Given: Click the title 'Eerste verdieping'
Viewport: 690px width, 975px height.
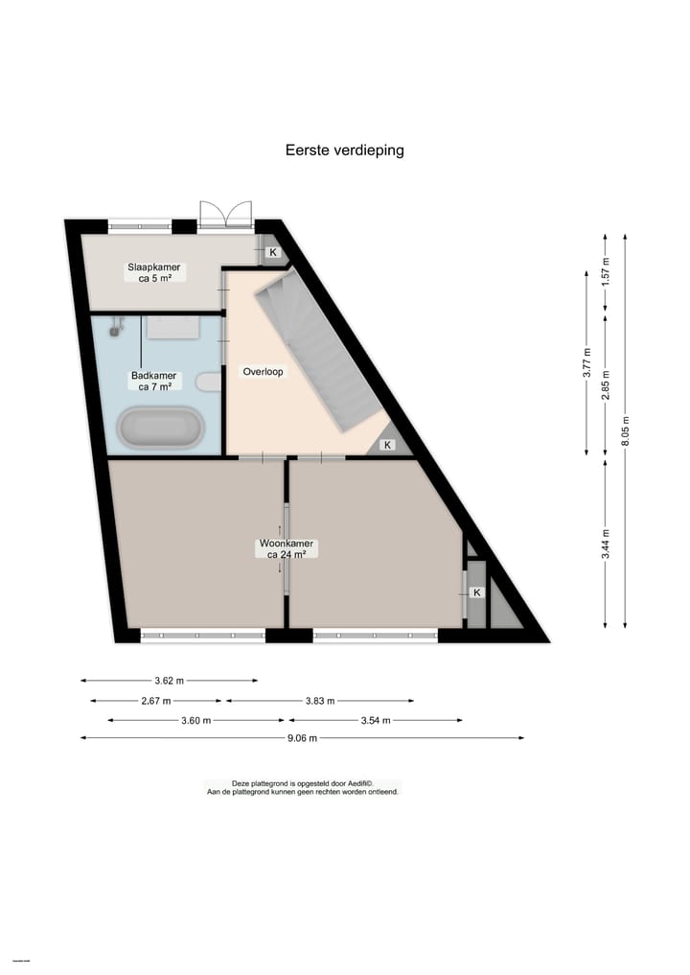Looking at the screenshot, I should tap(345, 151).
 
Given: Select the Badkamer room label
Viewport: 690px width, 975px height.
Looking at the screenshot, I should tap(154, 382).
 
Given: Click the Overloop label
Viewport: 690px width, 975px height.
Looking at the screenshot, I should tap(263, 372).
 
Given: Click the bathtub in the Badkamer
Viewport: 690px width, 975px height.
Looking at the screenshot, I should tap(161, 429).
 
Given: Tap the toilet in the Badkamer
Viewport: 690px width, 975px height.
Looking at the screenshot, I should tap(208, 382).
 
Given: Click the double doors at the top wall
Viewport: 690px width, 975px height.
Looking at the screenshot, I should tap(225, 216).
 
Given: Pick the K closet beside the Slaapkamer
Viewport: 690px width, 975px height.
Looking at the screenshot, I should tap(272, 252).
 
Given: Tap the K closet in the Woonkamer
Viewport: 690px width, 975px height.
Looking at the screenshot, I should tap(476, 593).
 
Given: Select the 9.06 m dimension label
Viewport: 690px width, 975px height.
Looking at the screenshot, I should tap(302, 738).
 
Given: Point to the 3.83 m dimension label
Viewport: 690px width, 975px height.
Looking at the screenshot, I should tap(319, 701).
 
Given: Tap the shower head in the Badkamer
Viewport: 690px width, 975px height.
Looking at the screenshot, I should tap(117, 328).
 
